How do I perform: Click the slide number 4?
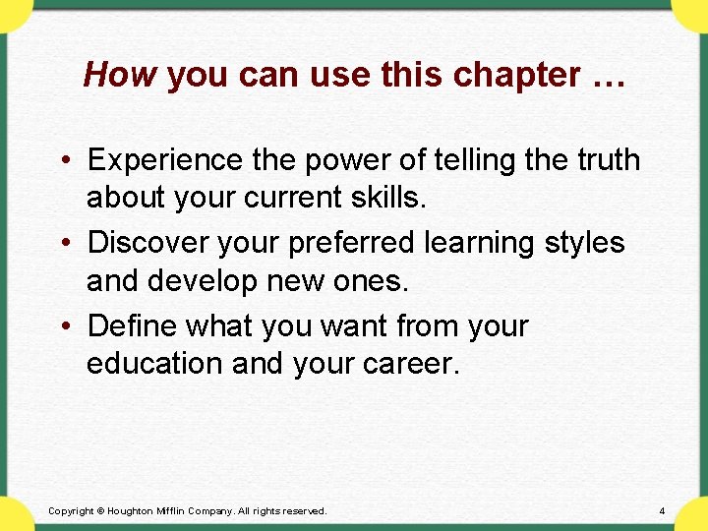662,511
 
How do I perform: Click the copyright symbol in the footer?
100,511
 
